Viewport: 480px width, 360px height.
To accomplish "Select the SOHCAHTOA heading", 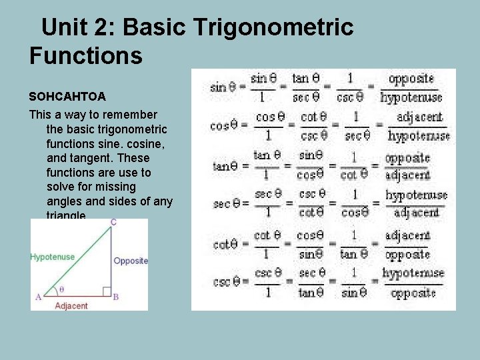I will (67, 97).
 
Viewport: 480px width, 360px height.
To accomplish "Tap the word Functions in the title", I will (86, 55).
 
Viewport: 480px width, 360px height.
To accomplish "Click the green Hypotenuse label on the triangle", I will (53, 257).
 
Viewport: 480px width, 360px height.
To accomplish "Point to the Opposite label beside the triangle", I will (131, 261).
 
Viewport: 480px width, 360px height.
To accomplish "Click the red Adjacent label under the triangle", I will (71, 306).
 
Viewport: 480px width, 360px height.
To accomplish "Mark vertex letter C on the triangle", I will (113, 222).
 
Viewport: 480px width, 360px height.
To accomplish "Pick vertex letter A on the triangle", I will (37, 297).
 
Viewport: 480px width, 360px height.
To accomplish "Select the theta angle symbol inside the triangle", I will (62, 289).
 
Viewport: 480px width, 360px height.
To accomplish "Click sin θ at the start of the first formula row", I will (223, 87).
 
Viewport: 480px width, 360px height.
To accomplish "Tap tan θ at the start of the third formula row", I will (225, 166).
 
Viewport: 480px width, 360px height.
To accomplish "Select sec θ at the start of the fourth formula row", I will (225, 204).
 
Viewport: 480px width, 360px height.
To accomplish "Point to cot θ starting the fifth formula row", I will (225, 244).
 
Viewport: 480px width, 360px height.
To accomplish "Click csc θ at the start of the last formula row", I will (225, 282).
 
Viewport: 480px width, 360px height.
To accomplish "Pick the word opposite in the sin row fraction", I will (411, 79).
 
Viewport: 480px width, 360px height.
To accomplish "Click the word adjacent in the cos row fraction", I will (419, 117).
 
